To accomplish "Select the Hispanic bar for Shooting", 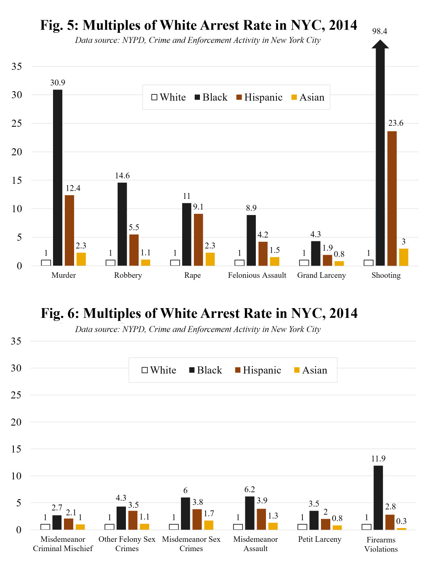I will pos(392,198).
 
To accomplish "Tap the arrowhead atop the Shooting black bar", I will pos(380,43).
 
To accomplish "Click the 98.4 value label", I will pos(380,31).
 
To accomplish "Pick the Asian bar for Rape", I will pos(210,259).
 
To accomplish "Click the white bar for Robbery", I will pos(110,263).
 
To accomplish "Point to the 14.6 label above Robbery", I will pos(122,176).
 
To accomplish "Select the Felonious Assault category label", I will pos(257,275).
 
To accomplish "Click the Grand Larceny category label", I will pos(321,275).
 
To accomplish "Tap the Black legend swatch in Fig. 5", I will pos(198,97).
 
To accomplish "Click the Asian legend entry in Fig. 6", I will pos(311,370).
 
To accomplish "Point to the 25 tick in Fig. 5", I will pos(17,123).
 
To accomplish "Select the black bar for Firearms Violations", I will pos(378,498).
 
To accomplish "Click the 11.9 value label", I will pos(378,459).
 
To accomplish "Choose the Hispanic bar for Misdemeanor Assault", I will pos(261,519).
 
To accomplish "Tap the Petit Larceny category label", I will pos(320,539).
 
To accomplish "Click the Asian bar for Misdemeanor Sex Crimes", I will pos(209,525).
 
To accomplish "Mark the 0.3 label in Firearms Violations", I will pos(401,521).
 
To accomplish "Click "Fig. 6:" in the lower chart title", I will pos(60,313).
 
